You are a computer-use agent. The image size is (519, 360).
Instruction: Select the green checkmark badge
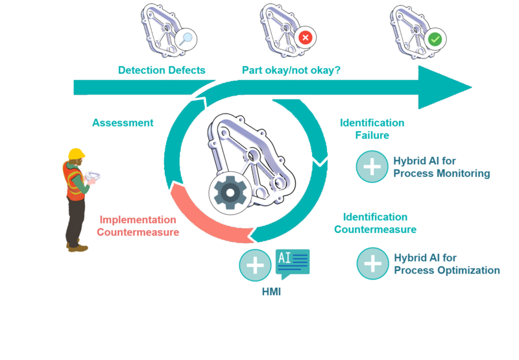[435, 40]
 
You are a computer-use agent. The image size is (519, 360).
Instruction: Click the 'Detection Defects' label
[162, 70]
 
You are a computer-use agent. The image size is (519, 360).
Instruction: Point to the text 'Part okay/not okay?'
[291, 70]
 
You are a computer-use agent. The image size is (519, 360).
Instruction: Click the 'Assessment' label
[123, 123]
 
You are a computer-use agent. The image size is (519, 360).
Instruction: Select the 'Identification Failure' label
[372, 129]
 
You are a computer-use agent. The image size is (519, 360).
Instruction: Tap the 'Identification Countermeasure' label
[375, 223]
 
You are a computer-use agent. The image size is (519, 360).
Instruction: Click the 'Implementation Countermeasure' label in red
[138, 226]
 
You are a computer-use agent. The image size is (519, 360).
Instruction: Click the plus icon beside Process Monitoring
[372, 167]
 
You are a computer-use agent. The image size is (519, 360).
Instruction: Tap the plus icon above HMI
[255, 265]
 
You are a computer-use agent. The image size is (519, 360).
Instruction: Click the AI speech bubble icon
[293, 263]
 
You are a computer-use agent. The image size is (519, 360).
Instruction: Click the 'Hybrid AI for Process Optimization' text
[447, 265]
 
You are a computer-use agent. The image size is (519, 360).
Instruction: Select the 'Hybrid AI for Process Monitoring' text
[442, 167]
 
